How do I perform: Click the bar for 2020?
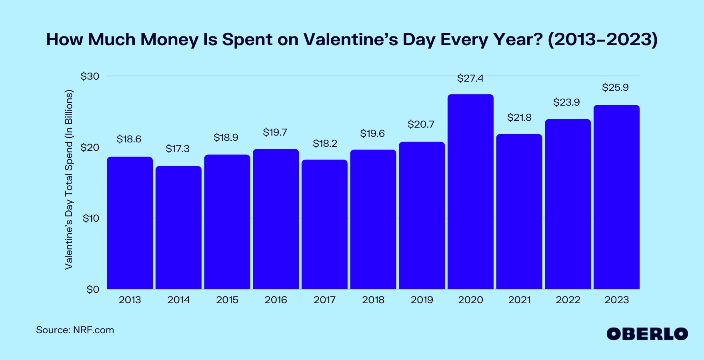pyautogui.click(x=470, y=192)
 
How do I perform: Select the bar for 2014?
pyautogui.click(x=178, y=228)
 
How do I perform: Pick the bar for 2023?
pyautogui.click(x=616, y=197)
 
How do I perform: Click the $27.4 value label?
pyautogui.click(x=470, y=78)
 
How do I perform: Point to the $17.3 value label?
pyautogui.click(x=178, y=149)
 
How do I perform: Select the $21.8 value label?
pyautogui.click(x=519, y=118)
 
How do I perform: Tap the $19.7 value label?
pyautogui.click(x=275, y=132)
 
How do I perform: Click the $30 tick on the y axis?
pyautogui.click(x=90, y=76)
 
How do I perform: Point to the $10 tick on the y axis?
pyautogui.click(x=91, y=218)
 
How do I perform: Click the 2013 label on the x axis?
pyautogui.click(x=130, y=300)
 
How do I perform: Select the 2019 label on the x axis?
pyautogui.click(x=422, y=300)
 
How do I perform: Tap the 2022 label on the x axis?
pyautogui.click(x=568, y=300)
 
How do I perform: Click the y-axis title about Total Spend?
pyautogui.click(x=69, y=179)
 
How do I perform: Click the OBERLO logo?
pyautogui.click(x=647, y=334)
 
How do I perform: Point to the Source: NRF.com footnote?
pyautogui.click(x=75, y=330)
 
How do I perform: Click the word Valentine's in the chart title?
pyautogui.click(x=350, y=40)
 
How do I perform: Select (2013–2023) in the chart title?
pyautogui.click(x=602, y=40)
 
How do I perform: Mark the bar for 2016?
pyautogui.click(x=276, y=219)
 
